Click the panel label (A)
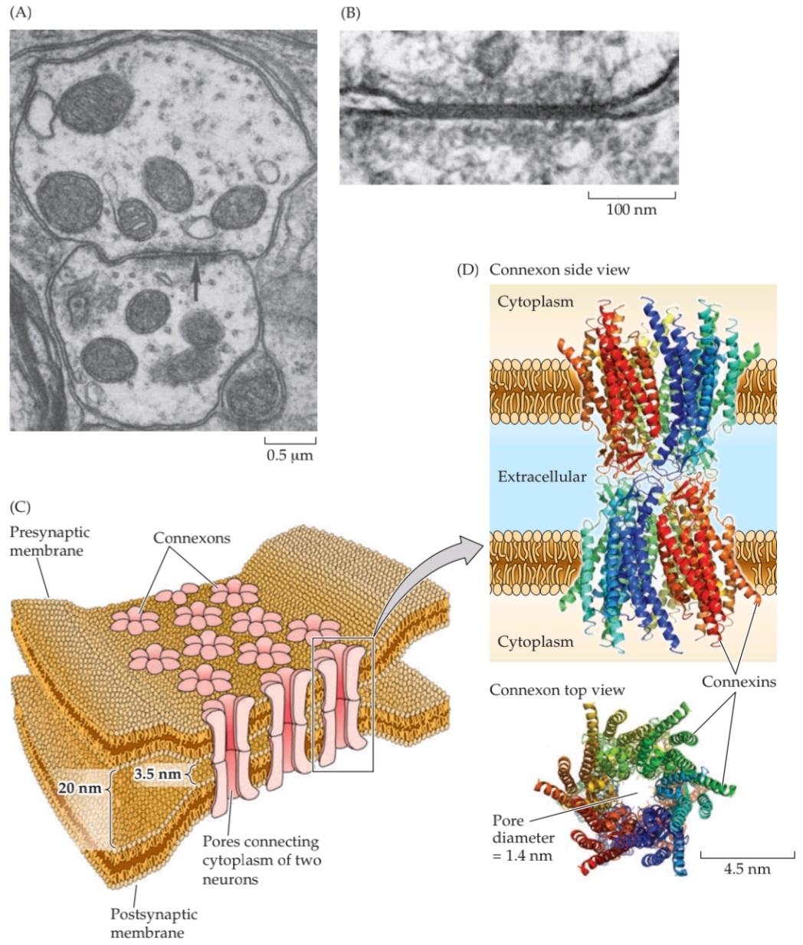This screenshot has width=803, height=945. pyautogui.click(x=21, y=13)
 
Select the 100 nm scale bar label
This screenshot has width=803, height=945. pyautogui.click(x=631, y=208)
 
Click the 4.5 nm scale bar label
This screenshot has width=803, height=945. pyautogui.click(x=747, y=868)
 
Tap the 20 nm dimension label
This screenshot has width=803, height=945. pyautogui.click(x=79, y=787)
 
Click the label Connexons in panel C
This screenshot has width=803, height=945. pyautogui.click(x=192, y=537)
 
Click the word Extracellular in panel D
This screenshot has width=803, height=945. pyautogui.click(x=542, y=477)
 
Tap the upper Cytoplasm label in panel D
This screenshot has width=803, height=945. pyautogui.click(x=535, y=301)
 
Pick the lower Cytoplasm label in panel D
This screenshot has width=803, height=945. pyautogui.click(x=535, y=641)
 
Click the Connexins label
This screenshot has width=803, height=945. pyautogui.click(x=740, y=681)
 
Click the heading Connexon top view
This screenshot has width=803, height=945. pyautogui.click(x=557, y=690)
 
